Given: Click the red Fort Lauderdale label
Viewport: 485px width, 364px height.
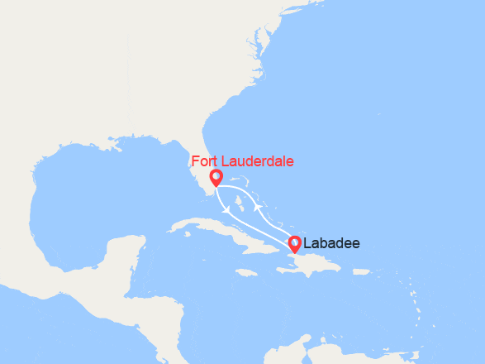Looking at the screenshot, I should tap(242, 160).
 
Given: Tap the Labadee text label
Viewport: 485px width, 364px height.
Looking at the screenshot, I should tap(331, 244).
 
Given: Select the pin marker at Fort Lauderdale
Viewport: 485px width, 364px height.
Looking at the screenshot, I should tap(216, 178).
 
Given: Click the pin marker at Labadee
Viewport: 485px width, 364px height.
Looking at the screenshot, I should tap(294, 245).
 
